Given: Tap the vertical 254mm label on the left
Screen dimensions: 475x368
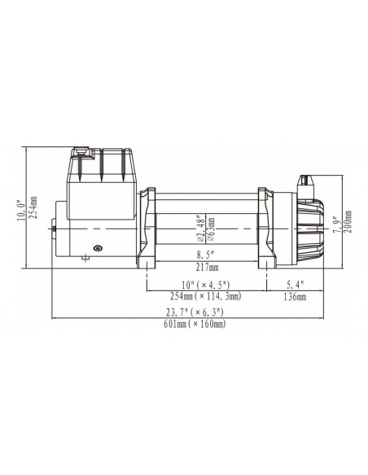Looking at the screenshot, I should [33, 206].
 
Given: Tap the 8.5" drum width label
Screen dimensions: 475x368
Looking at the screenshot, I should [207, 254].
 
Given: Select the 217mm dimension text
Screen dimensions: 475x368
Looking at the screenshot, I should [207, 267].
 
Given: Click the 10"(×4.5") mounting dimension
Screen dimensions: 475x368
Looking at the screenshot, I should [207, 285].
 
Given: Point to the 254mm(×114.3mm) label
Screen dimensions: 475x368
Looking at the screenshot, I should [207, 298].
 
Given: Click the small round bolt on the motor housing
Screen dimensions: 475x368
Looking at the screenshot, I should [97, 248].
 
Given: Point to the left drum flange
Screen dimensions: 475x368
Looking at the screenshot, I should [147, 228].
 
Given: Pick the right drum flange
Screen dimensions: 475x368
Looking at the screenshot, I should [265, 228].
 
